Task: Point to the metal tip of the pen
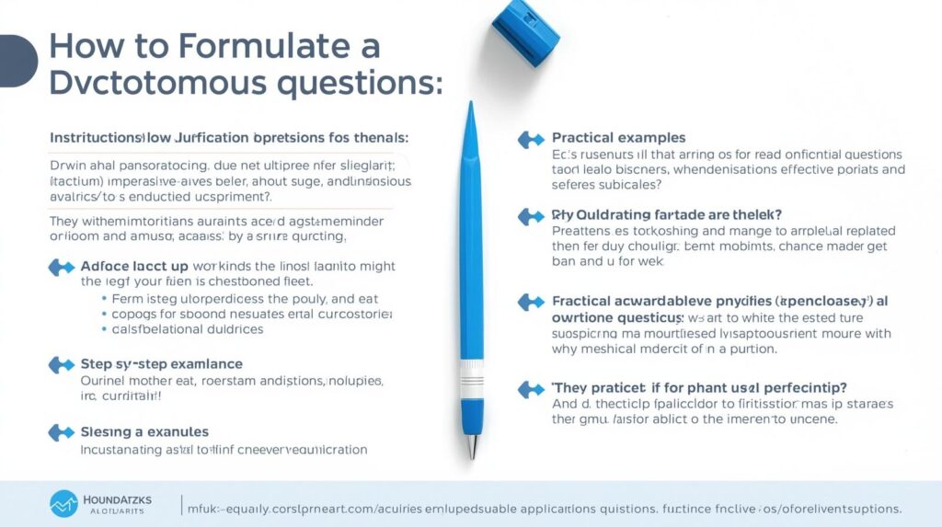click(x=472, y=447)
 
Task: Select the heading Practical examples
click(x=618, y=138)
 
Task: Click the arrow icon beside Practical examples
click(x=531, y=139)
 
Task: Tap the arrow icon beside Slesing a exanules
click(x=60, y=431)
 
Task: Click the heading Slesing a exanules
click(x=144, y=431)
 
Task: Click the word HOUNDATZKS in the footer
click(x=115, y=499)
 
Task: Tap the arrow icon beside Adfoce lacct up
click(x=60, y=267)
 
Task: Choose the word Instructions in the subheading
click(x=92, y=137)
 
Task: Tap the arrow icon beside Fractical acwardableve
click(x=531, y=301)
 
